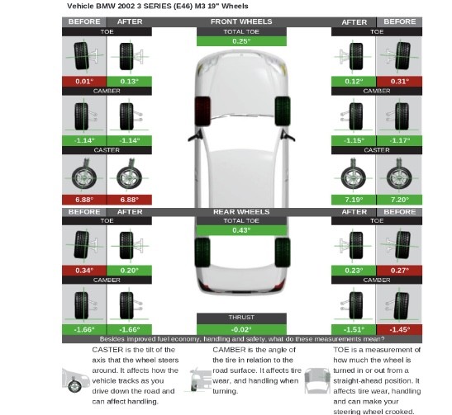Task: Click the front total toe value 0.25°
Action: pos(241,41)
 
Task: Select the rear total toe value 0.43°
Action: pos(241,230)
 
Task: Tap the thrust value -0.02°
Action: pos(241,329)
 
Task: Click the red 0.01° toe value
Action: pos(84,82)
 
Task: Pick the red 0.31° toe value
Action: pos(400,82)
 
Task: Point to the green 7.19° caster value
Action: pos(354,200)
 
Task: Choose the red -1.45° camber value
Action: pos(400,329)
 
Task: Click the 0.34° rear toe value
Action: pos(84,271)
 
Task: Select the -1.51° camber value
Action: pos(354,329)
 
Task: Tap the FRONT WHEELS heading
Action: pos(241,21)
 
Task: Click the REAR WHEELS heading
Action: pos(241,212)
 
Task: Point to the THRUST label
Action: pos(241,317)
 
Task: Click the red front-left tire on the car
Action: pos(202,111)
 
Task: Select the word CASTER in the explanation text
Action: pos(107,350)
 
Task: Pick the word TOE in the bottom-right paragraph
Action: pos(340,350)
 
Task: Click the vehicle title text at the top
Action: pos(157,6)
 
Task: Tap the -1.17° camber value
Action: pos(400,140)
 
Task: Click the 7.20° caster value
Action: pos(400,200)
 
